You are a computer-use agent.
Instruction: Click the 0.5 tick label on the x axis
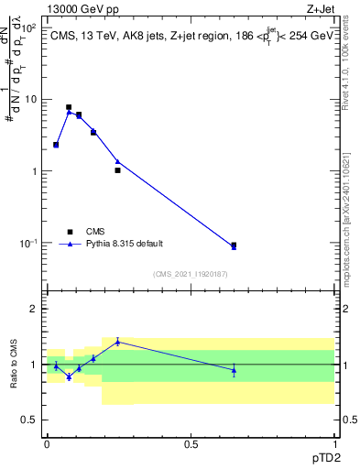click(x=191, y=443)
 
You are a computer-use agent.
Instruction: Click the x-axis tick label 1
click(x=334, y=443)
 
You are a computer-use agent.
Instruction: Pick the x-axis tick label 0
click(x=47, y=443)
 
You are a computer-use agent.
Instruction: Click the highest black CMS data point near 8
click(x=69, y=107)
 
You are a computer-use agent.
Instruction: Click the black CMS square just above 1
click(x=117, y=170)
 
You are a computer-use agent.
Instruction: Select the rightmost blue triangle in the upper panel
click(x=234, y=247)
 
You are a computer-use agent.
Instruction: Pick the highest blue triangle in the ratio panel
click(x=117, y=342)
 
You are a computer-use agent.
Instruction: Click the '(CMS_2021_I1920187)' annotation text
click(x=190, y=274)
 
